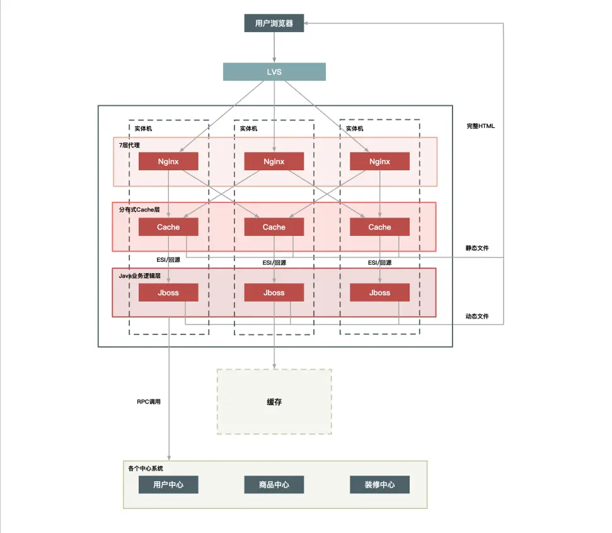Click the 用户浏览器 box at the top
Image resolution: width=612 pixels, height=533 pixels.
coord(274,23)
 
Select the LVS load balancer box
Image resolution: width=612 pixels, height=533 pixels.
coord(274,72)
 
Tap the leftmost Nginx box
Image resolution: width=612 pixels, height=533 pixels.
coord(168,161)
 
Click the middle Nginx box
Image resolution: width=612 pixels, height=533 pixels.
coord(274,161)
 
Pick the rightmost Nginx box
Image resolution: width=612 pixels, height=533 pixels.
coord(379,161)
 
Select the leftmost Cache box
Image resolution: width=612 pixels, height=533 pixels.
coord(168,227)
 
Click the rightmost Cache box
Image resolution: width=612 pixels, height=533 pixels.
coord(379,227)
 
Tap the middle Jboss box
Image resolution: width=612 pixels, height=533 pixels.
coord(274,293)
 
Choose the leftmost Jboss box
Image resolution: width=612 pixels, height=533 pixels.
coord(168,293)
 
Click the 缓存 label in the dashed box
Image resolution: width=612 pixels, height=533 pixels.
coord(274,402)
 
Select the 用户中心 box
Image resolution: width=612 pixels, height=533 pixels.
coord(168,485)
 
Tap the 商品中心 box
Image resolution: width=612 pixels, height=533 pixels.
coord(274,485)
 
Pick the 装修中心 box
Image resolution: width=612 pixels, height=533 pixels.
coord(379,485)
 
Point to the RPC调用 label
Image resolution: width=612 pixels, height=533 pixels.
coord(149,401)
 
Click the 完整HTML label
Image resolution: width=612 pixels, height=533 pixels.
coord(481,126)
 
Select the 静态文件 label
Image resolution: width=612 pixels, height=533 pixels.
coord(477,249)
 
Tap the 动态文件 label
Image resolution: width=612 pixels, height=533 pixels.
coord(477,316)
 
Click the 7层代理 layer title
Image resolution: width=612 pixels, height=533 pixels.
coord(129,146)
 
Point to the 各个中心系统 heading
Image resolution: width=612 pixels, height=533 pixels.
coord(146,469)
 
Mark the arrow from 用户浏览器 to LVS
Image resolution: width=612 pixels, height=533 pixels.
coord(274,47)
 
